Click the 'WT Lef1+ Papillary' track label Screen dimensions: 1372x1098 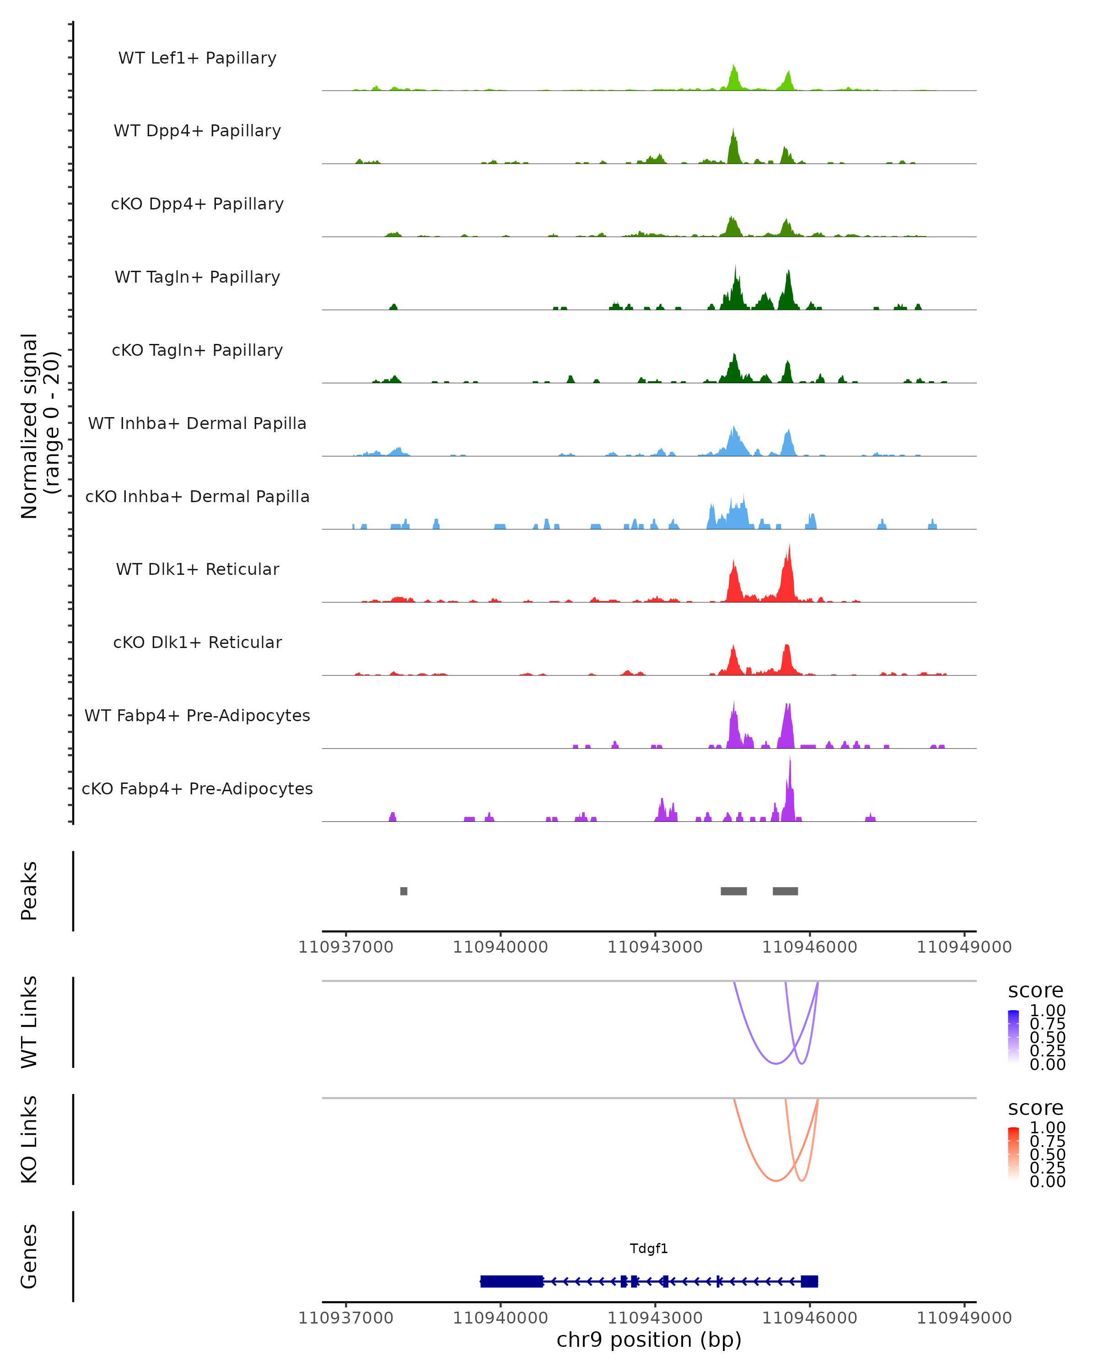197,58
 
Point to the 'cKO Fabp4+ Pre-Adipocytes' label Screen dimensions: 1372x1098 197,788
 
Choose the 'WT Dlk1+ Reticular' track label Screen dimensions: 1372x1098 197,569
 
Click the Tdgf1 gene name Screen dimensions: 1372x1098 649,1249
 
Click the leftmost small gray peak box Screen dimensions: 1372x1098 404,891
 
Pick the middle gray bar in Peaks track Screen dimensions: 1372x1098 733,891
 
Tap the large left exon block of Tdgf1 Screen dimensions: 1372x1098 512,1281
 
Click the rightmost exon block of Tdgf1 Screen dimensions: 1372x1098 809,1281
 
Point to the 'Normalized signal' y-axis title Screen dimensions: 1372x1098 39,426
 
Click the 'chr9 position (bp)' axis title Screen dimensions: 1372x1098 649,1340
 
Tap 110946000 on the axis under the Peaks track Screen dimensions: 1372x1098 810,947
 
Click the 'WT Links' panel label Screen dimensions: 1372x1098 29,1022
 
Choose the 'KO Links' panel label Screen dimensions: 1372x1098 29,1140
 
